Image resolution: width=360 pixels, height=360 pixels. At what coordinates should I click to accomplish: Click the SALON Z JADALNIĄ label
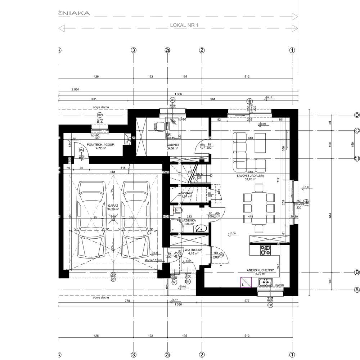coord(251,176)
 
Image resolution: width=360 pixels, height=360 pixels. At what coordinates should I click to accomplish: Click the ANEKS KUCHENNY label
coord(260,270)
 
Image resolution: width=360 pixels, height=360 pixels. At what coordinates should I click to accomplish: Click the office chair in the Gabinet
coord(159,126)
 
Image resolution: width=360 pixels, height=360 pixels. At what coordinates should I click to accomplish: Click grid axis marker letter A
coord(357,289)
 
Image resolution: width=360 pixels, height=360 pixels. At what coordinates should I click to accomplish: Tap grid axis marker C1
coord(357,159)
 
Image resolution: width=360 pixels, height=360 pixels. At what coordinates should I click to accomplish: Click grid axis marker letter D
coord(357,115)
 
